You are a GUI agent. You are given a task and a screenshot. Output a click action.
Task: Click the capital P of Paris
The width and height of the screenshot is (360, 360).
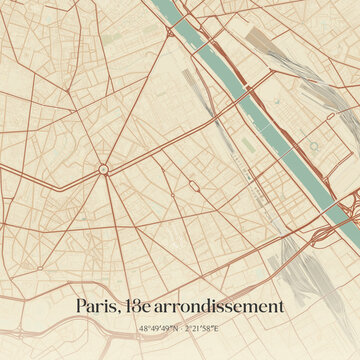pyautogui.click(x=81, y=306)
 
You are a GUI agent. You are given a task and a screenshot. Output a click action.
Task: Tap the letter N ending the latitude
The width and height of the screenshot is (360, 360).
pyautogui.click(x=175, y=328)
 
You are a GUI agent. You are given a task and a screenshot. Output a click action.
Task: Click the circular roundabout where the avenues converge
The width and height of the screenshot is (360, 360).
pyautogui.click(x=103, y=170)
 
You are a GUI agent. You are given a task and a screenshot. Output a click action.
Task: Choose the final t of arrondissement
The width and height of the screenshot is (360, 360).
pyautogui.click(x=281, y=306)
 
